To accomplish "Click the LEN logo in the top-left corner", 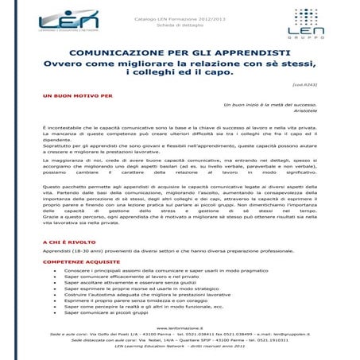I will pyautogui.click(x=68, y=20).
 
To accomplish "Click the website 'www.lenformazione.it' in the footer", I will pyautogui.click(x=180, y=327).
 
